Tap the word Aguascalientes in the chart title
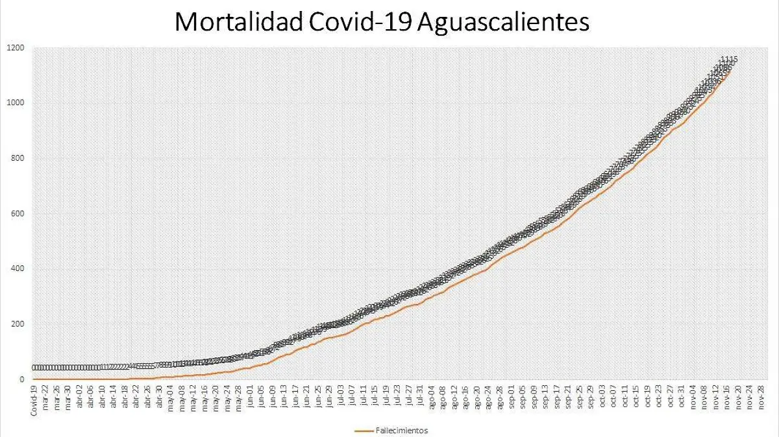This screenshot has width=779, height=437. tap(503, 22)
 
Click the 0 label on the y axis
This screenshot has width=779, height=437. tap(21, 379)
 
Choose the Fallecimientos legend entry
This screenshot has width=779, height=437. tap(401, 430)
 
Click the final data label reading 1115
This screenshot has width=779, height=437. tap(729, 60)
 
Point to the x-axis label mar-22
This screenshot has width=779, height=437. tap(45, 397)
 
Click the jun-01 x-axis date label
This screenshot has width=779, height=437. tap(250, 397)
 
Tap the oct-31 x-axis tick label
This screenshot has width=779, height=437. tap(682, 397)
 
